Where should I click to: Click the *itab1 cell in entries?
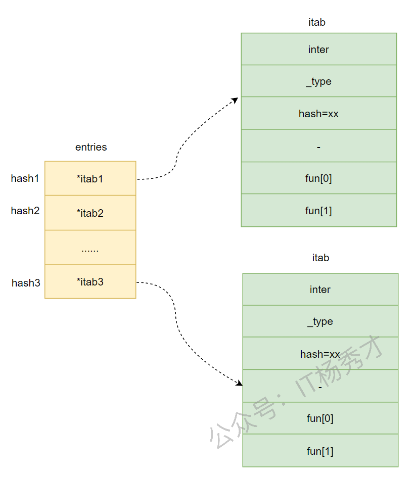coord(90,178)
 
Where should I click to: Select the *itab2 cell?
coord(90,213)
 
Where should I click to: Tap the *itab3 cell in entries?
coord(90,281)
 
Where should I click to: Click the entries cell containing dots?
coord(90,248)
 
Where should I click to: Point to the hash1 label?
coord(25,178)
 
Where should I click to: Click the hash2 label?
coord(25,211)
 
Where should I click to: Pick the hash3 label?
coord(26,283)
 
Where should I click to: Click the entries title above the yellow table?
coord(91,147)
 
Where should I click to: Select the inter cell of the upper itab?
coord(318,50)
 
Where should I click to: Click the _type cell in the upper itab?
coord(318,81)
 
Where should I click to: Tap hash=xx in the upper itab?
coord(318,114)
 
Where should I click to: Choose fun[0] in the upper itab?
coord(318,178)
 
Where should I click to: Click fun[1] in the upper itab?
coord(318,211)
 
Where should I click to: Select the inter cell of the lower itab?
coord(320,290)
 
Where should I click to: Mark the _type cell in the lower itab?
coord(320,321)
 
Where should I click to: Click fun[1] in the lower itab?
coord(320,451)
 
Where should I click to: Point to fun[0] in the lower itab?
coord(320,418)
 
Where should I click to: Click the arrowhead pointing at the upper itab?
coord(235,100)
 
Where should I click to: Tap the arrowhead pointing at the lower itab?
coord(240,384)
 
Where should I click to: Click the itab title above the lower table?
coord(320,258)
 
